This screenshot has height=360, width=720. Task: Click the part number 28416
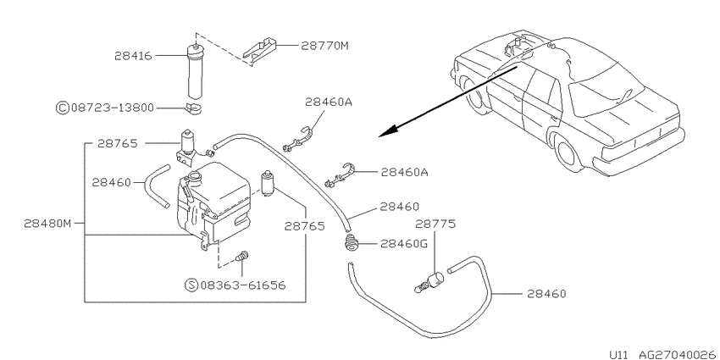click(133, 56)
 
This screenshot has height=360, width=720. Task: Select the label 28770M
click(325, 46)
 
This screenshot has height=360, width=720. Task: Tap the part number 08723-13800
click(112, 108)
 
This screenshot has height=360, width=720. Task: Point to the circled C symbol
click(62, 108)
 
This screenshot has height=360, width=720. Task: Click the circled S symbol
click(191, 285)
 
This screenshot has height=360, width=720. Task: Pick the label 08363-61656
click(243, 285)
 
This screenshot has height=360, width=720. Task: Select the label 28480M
click(47, 224)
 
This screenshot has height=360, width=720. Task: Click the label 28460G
click(404, 244)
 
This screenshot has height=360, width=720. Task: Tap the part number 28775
click(435, 224)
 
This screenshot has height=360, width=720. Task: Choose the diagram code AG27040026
click(672, 354)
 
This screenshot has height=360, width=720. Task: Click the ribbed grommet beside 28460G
click(352, 243)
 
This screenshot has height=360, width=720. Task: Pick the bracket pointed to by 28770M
click(259, 51)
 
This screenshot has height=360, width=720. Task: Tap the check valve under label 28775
click(429, 281)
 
